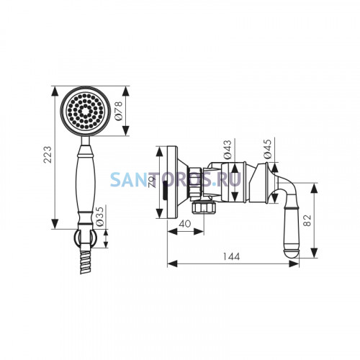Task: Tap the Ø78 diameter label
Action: point(119,111)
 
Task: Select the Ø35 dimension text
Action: point(99,216)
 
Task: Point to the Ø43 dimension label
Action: point(228,150)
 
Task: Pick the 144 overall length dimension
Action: point(231,256)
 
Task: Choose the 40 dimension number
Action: point(185,224)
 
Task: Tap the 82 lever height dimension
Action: point(307,220)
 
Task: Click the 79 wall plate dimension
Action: point(153,182)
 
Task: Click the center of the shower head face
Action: point(85,111)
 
